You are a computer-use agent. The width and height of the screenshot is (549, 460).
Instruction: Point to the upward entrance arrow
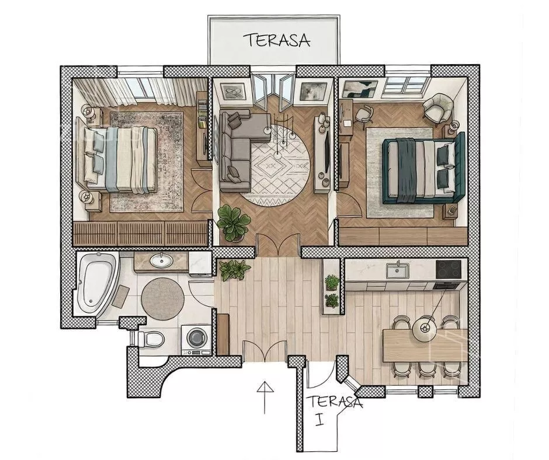point(265,398)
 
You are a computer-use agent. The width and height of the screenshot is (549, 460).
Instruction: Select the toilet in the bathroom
point(151,339)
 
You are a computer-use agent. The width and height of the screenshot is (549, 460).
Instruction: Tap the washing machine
point(196,339)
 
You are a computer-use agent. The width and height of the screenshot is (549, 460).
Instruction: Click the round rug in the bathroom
point(163,298)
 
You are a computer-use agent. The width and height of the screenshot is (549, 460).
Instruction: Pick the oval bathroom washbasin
point(161,260)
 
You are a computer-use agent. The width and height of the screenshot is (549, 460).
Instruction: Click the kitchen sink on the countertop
point(397,271)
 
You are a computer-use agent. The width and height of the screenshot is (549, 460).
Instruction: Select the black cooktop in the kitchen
point(449,269)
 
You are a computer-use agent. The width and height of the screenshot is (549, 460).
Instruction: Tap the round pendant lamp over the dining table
point(426,329)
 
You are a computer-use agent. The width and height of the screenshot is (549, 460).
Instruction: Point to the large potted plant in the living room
point(233,223)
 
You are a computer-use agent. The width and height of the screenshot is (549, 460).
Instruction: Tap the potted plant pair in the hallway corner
point(235,269)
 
